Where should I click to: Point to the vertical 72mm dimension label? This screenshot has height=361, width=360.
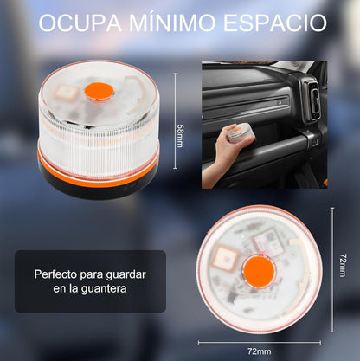pos(343,265)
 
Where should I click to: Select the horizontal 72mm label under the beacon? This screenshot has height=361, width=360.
pos(259,351)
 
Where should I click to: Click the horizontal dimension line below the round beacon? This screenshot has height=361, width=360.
pos(259,342)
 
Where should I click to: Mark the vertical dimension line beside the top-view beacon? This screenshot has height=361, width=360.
pos(331,265)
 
